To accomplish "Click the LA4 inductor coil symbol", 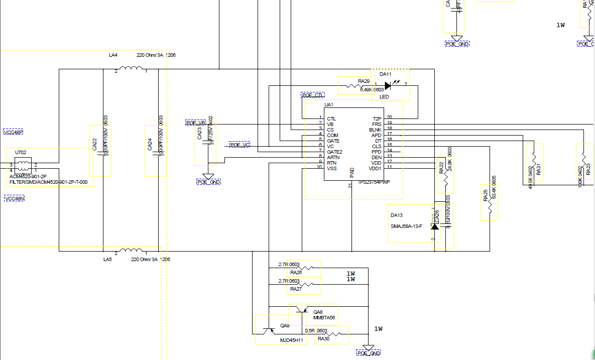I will pos(132,69).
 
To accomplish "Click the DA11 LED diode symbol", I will pos(388,86).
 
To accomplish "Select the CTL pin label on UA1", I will pos(331,118).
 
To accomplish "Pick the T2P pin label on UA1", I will pos(377,118).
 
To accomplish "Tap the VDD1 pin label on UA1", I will pos(376,168).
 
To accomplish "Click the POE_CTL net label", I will pos(312,95).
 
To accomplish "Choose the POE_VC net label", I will pos(240,145).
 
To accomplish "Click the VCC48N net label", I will pos(14,199).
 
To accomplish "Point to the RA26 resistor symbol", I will pos(307,268).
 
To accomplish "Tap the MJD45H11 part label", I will pos(292,340).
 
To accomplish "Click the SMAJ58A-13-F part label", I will pos(406,226).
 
